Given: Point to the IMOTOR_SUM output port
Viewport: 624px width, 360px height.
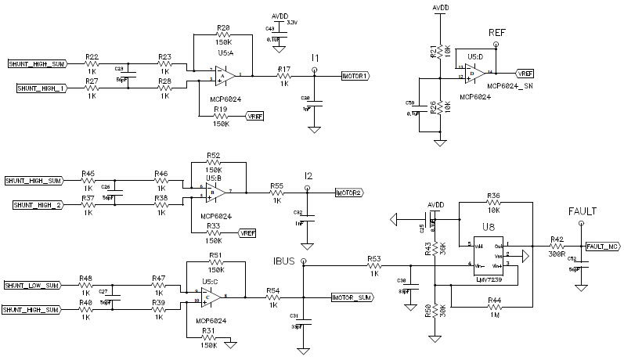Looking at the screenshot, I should pos(356,297).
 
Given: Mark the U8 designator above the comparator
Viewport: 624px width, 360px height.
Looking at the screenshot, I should pos(488,227).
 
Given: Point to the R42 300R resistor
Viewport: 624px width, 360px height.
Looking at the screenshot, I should pos(556,246).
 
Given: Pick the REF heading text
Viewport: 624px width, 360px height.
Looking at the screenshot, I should pos(497,33).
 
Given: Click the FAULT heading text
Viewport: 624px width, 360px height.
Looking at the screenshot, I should pos(583,211).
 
